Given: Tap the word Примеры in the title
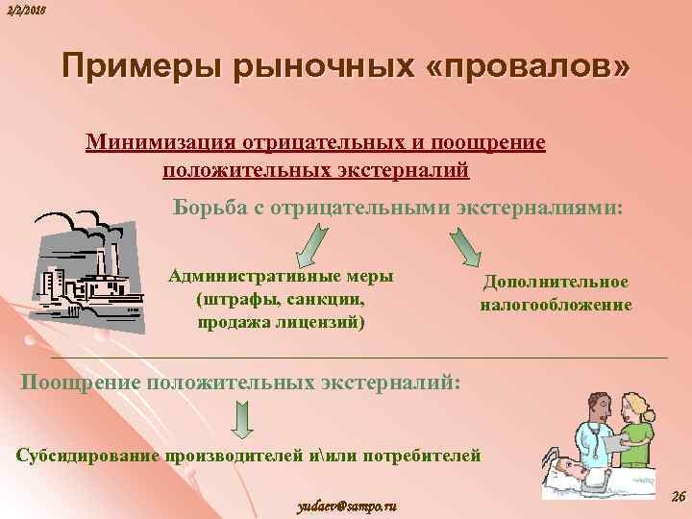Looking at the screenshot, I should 136,67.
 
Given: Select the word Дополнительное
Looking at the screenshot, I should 556,282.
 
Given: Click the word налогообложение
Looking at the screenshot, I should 556,305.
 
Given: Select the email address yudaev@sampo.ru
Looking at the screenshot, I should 347,505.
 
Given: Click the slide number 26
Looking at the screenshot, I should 676,496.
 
